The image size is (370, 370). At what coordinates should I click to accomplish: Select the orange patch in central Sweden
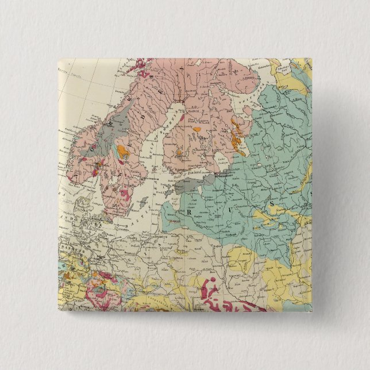click(122, 152)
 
